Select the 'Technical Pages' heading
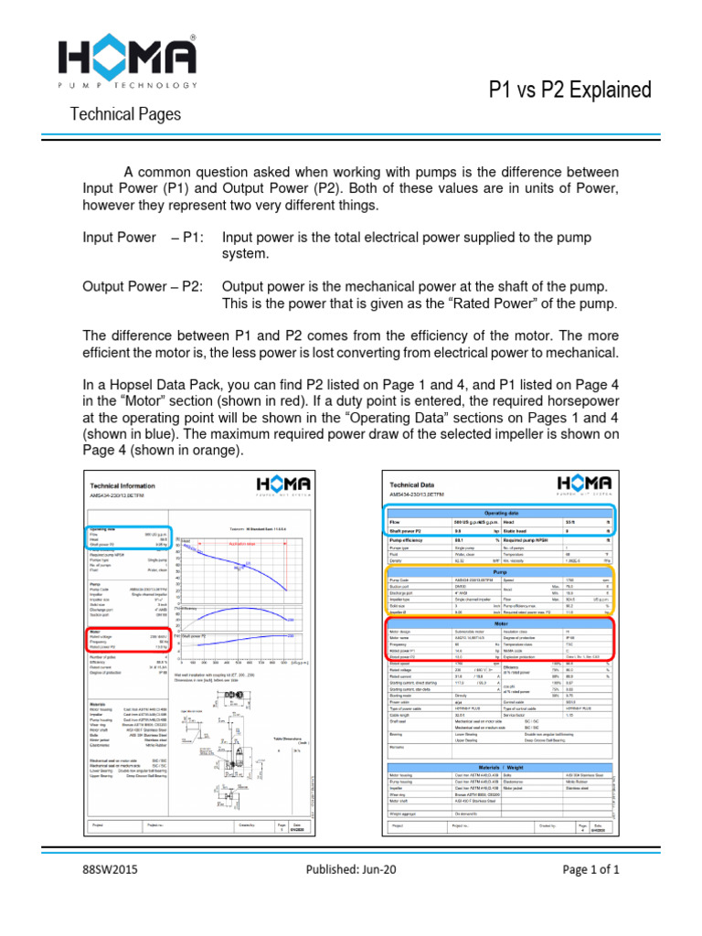(x=126, y=115)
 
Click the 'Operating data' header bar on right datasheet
(x=500, y=515)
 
